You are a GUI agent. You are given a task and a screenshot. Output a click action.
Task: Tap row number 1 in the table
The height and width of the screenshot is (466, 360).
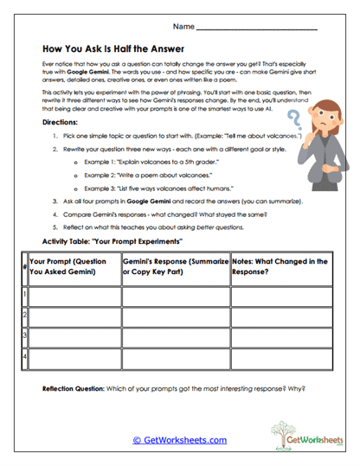(x=23, y=295)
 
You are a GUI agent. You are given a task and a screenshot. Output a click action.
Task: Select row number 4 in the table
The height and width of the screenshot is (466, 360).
(x=23, y=354)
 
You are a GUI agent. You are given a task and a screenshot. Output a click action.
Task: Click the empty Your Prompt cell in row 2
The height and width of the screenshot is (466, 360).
(x=74, y=315)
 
